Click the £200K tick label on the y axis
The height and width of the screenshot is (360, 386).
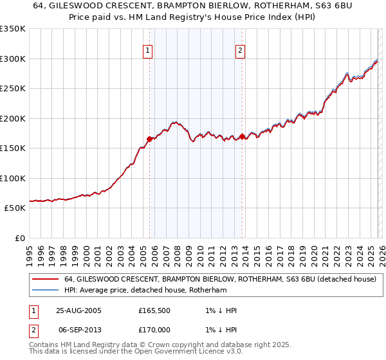tap(13, 118)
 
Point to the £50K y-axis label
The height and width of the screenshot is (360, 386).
tap(15, 208)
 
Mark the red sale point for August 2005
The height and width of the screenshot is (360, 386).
tap(150, 139)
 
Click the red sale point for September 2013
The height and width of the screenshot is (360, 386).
tap(242, 136)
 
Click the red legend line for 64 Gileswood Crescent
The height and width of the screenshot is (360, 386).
tap(45, 280)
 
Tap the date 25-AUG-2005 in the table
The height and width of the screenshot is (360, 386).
tap(78, 310)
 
